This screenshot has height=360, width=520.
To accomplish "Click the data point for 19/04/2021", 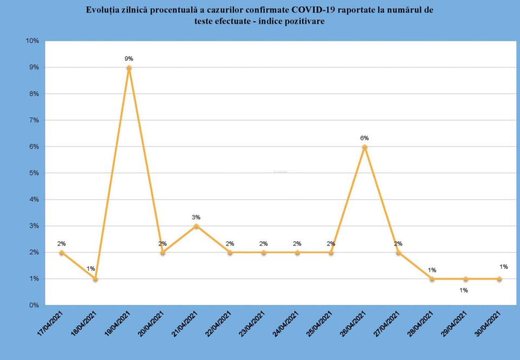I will point(129,68).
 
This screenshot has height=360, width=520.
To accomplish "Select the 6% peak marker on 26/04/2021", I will point(365,147).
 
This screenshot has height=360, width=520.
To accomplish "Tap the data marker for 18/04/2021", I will point(95,279).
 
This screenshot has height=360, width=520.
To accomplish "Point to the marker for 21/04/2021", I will point(196,226).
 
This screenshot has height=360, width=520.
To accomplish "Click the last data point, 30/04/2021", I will point(499,279).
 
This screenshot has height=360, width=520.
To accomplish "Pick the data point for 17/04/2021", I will point(62,253).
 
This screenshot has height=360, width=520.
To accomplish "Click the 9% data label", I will point(129,59).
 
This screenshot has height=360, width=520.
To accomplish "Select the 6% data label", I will point(365,138).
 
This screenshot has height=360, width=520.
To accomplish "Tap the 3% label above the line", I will point(196,217).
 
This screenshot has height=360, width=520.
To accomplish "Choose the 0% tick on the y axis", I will point(34,305).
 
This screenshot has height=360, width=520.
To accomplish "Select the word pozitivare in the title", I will point(305,21).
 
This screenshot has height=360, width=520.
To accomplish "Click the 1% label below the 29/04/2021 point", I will point(464,290).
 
